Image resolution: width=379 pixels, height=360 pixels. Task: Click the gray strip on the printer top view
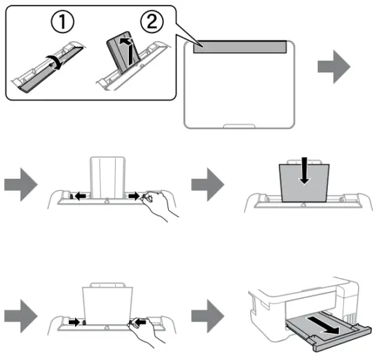[x=239, y=46]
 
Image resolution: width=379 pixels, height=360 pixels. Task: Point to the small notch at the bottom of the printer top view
[x=239, y=125]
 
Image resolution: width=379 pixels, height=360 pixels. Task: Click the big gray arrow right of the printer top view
[x=333, y=70]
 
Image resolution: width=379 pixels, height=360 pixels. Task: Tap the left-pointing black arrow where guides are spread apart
[x=81, y=196]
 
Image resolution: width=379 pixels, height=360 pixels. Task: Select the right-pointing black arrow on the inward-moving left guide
[x=72, y=320]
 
